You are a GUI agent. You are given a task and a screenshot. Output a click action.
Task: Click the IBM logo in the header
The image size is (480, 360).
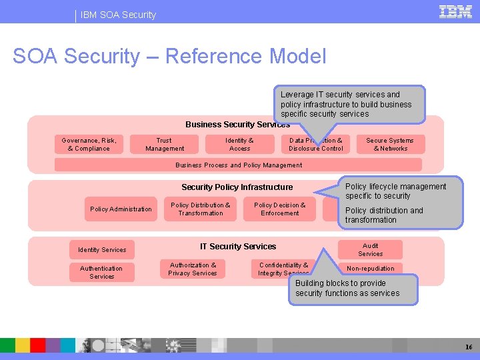[456, 11]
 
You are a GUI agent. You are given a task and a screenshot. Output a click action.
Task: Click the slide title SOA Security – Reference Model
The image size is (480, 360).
[169, 56]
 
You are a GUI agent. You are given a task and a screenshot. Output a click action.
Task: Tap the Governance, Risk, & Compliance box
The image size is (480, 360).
[89, 145]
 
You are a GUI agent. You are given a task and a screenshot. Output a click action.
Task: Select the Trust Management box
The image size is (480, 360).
[165, 145]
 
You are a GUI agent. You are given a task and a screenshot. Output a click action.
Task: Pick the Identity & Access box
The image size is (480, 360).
[239, 145]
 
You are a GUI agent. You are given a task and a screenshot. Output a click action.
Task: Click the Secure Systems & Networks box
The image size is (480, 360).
[390, 145]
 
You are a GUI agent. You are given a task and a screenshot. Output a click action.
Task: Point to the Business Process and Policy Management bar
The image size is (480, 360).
[238, 165]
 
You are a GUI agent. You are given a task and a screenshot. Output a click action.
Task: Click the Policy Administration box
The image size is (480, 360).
[121, 209]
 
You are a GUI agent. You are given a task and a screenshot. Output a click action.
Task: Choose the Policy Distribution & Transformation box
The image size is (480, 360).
[200, 209]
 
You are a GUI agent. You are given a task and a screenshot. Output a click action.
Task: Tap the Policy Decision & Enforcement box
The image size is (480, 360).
[279, 209]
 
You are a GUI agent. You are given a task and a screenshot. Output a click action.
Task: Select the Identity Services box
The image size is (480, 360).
[102, 250]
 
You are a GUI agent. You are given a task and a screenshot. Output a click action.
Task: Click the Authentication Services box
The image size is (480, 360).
[101, 272]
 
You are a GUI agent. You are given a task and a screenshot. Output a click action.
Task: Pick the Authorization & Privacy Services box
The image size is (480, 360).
[193, 269]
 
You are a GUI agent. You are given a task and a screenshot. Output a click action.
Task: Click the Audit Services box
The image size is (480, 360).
[370, 250]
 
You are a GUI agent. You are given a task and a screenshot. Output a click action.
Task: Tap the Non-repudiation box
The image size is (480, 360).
[370, 269]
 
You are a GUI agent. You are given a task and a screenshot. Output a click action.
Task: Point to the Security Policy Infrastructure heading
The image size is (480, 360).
[237, 187]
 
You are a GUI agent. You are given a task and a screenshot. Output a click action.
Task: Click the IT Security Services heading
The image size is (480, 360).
[238, 247]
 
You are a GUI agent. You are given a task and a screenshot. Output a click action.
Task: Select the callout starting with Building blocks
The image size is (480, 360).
[352, 289]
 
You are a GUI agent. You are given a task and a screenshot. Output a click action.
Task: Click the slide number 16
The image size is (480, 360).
[469, 347]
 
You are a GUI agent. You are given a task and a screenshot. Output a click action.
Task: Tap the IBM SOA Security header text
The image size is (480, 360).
[118, 15]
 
